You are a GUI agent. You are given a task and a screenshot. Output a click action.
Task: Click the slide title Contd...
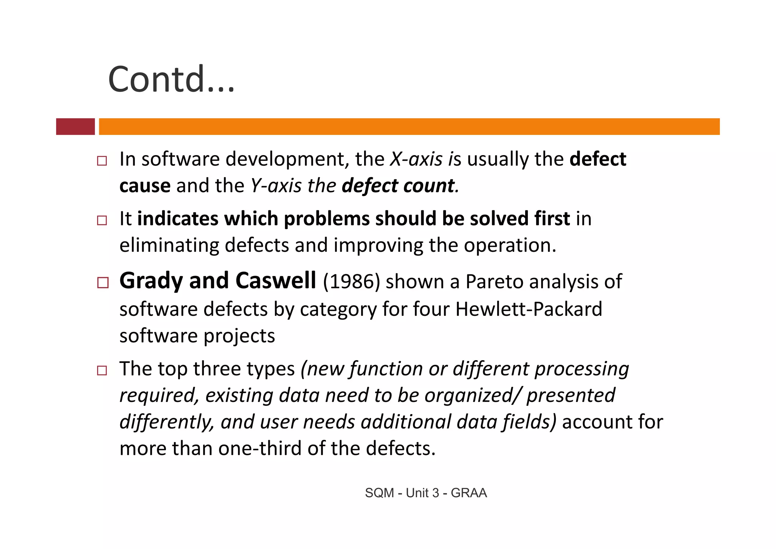tap(171, 79)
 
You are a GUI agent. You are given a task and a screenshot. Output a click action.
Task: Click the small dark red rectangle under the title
tap(75, 126)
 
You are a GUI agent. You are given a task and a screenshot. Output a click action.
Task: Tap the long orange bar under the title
tap(409, 126)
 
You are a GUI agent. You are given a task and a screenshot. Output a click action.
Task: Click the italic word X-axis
tap(416, 159)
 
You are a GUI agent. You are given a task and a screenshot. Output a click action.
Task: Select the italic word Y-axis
tap(276, 186)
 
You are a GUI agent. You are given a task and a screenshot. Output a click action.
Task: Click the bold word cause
tap(145, 186)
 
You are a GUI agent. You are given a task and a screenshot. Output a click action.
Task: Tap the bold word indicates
tap(178, 219)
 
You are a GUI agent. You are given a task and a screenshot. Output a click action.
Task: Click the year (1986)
tap(351, 282)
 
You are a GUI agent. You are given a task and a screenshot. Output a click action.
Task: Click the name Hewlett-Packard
tap(529, 309)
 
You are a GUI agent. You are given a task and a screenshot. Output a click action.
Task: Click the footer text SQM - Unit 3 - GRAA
tap(426, 493)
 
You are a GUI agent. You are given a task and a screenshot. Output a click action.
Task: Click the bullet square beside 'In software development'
tap(102, 161)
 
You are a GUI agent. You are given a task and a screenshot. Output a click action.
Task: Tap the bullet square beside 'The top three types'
tap(102, 370)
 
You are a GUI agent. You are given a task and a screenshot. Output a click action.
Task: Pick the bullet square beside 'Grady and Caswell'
tap(103, 282)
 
